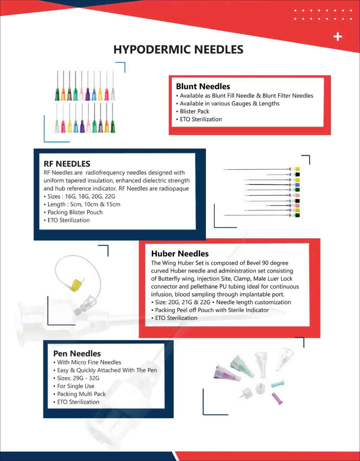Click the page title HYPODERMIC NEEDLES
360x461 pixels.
(x=178, y=50)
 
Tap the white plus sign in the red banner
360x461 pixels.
(x=338, y=37)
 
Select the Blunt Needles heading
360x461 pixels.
(x=203, y=86)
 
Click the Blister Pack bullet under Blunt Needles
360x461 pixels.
(x=194, y=111)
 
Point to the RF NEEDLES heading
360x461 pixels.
(x=67, y=164)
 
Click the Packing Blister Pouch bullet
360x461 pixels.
(x=75, y=212)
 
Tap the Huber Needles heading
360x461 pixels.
(x=180, y=254)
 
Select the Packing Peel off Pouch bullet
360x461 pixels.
(x=211, y=310)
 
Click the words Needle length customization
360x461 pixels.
(x=253, y=302)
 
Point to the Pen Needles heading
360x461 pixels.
(x=77, y=353)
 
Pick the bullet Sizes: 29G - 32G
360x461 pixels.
(x=78, y=378)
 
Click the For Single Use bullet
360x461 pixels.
(x=76, y=386)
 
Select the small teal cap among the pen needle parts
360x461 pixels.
(x=277, y=384)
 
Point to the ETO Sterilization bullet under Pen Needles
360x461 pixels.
(x=78, y=402)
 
